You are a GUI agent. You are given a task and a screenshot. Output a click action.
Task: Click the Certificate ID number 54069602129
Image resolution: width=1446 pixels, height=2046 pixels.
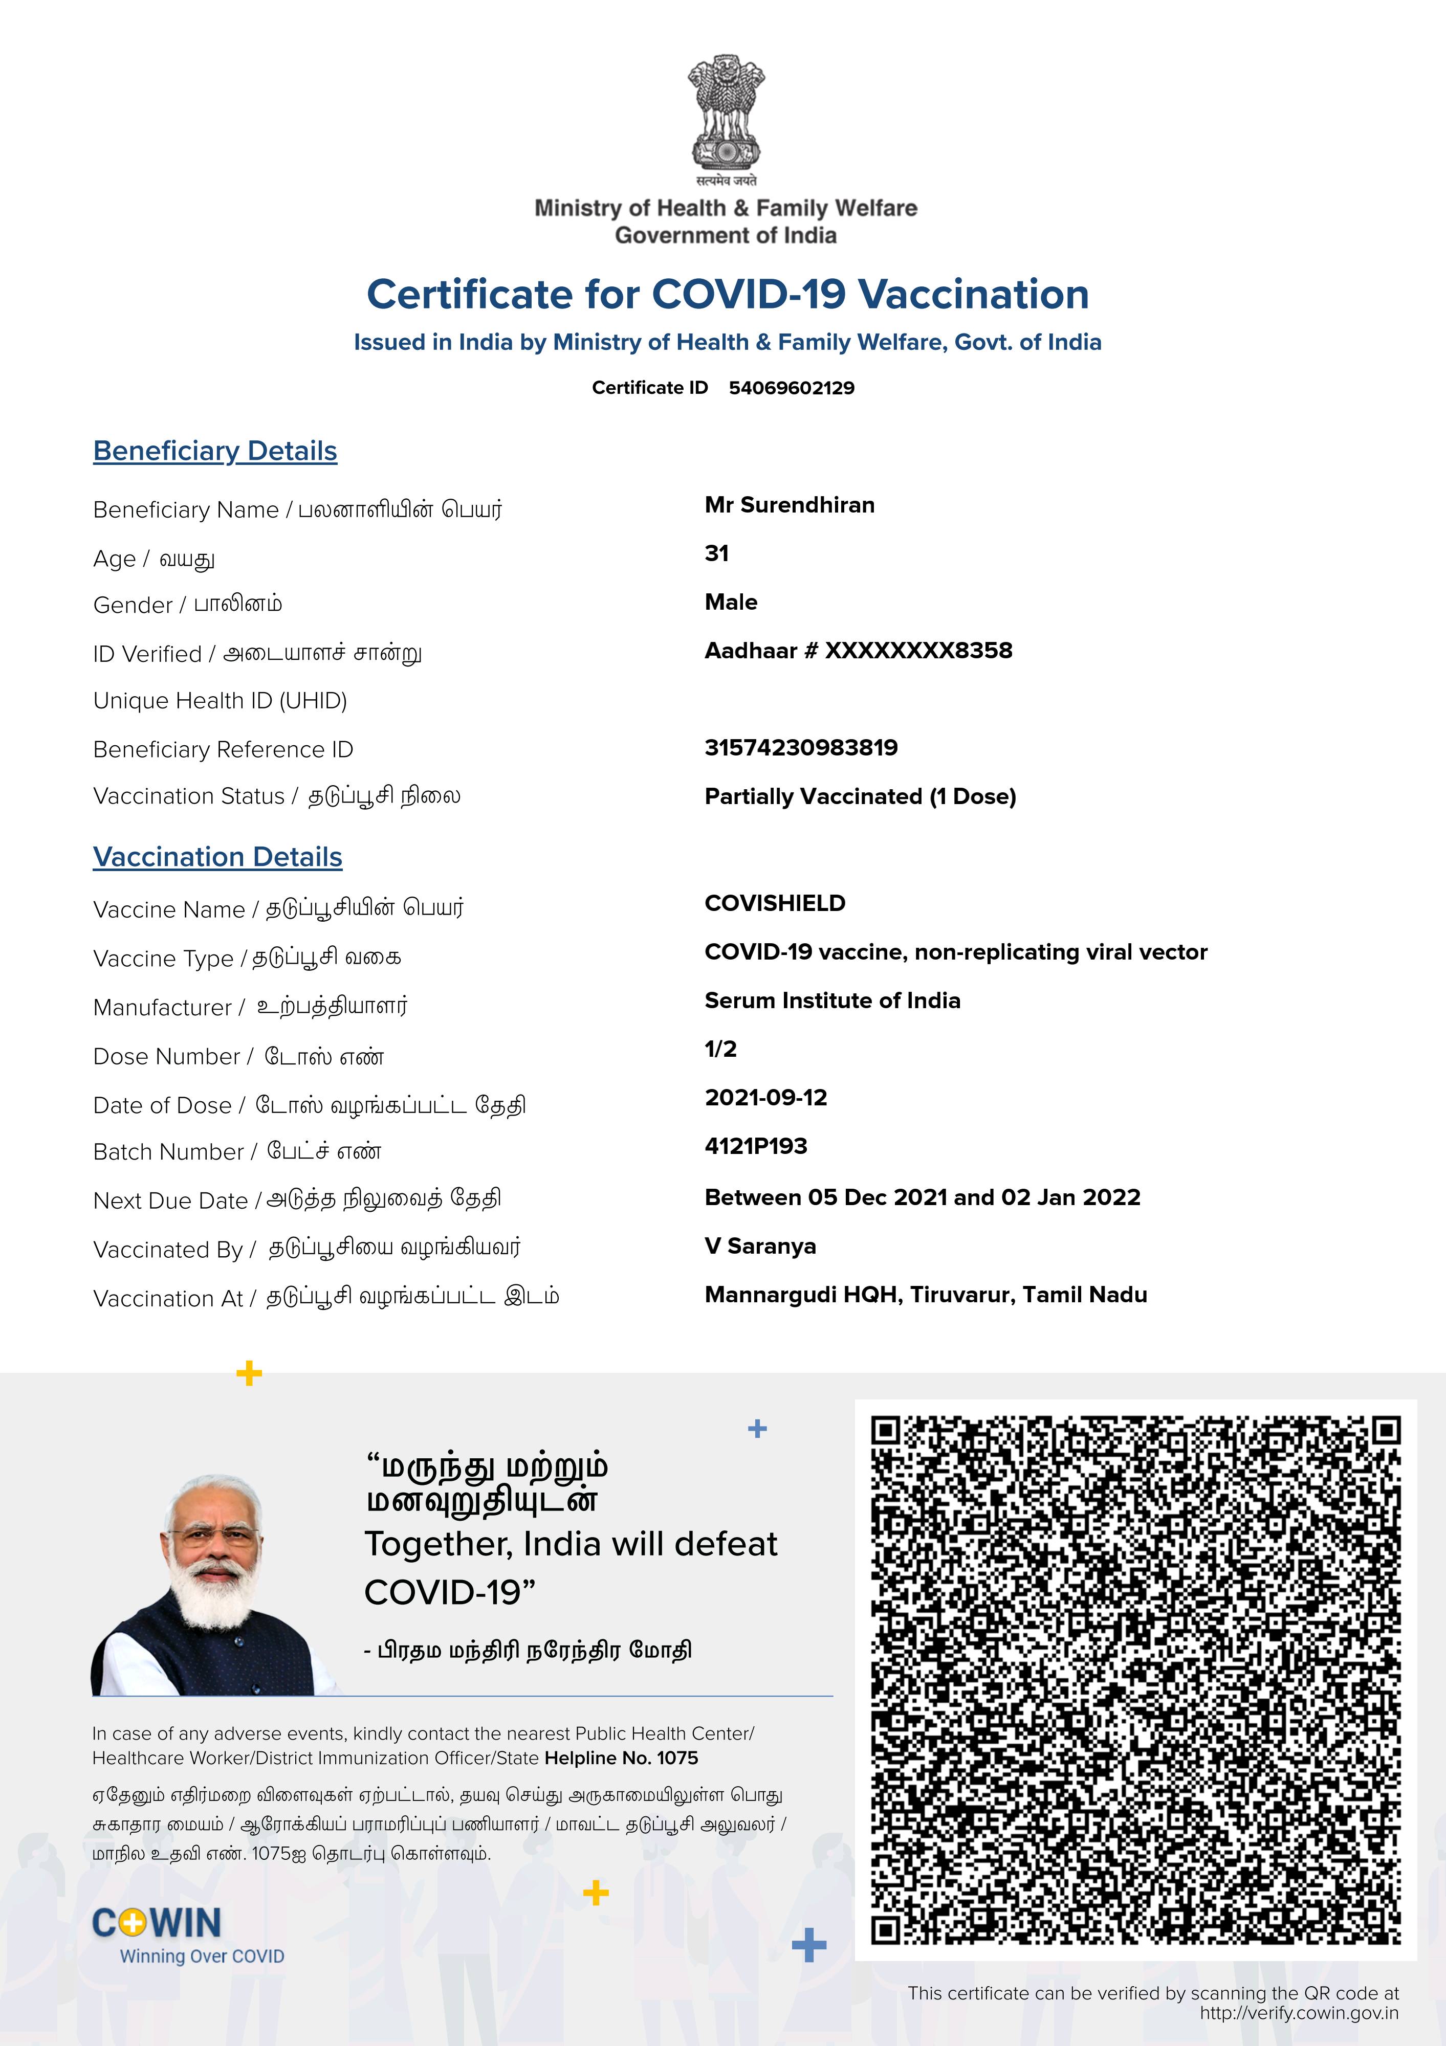791,388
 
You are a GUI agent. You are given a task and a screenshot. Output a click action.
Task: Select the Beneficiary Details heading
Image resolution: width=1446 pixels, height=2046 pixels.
215,451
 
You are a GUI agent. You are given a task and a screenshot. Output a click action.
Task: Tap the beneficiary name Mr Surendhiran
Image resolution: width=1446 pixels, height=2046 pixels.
789,505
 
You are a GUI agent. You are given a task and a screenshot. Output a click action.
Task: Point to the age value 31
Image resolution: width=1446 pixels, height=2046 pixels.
716,553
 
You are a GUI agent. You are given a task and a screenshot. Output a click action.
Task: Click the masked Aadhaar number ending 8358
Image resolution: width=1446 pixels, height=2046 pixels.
858,651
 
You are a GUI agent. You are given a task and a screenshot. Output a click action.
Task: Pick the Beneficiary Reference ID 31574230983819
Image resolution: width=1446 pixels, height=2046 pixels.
801,748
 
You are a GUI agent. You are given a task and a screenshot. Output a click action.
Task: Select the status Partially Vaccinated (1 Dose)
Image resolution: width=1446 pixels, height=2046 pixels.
860,796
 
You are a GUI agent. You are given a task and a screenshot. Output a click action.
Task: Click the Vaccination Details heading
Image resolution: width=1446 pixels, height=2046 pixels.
217,857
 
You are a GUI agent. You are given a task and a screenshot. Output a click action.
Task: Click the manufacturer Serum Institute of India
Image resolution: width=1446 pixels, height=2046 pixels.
832,1000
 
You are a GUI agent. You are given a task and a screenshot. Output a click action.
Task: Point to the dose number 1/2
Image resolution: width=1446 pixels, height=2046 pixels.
720,1049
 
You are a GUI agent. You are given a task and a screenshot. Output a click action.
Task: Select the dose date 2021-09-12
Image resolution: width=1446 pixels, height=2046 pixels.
766,1098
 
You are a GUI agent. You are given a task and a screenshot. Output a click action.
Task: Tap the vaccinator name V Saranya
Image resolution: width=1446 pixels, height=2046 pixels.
759,1247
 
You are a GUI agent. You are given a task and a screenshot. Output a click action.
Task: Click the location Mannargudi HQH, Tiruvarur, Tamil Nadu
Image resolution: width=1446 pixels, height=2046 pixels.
926,1295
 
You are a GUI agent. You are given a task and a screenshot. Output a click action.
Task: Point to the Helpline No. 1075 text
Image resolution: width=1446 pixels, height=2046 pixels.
621,1758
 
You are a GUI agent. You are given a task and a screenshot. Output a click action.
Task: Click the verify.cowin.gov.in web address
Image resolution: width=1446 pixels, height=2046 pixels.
1299,2013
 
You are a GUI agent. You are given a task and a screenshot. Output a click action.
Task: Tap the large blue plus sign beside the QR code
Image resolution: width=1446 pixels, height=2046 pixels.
808,1945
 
